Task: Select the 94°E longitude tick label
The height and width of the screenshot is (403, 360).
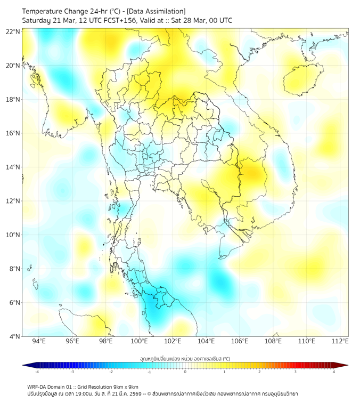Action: point(39,341)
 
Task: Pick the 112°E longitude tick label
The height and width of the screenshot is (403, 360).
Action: point(340,341)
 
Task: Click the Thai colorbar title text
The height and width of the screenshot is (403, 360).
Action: point(185,358)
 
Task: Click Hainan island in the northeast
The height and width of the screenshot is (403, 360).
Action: point(304,80)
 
